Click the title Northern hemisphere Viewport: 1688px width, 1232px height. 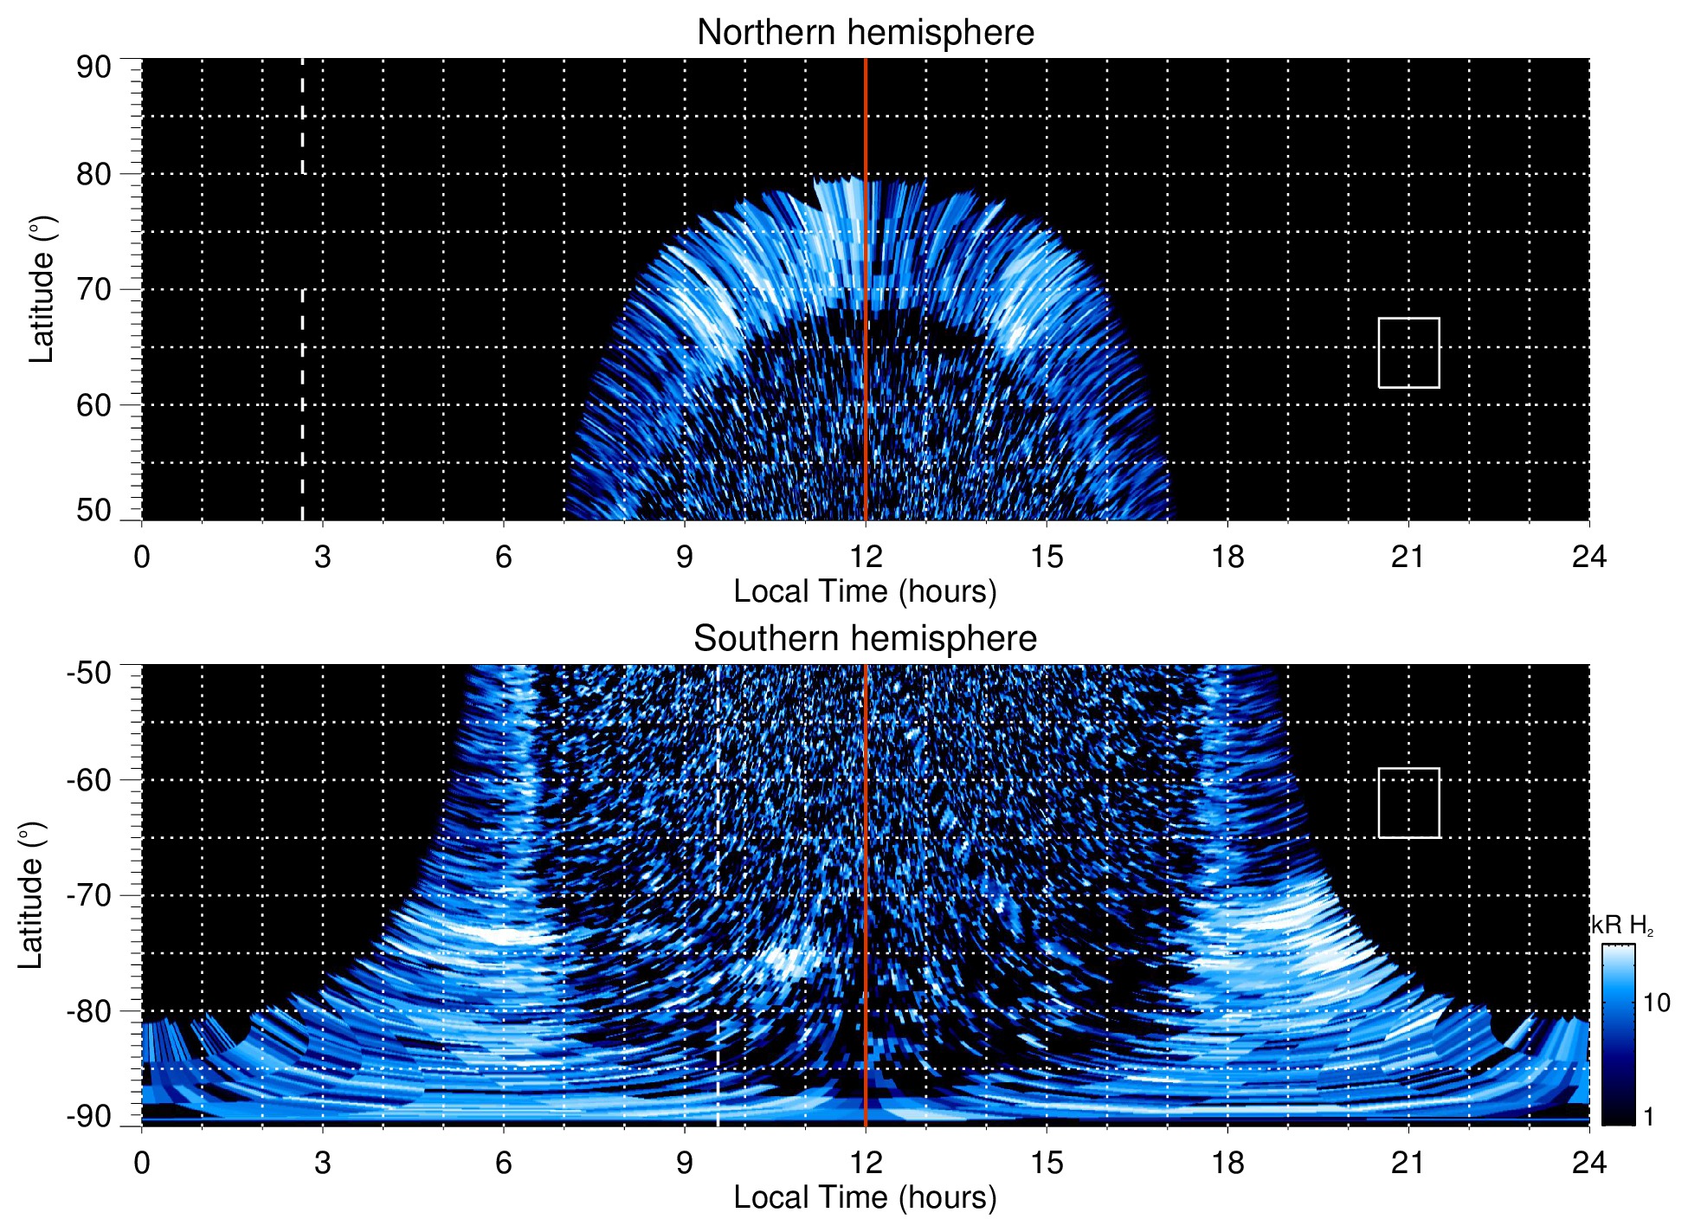(865, 33)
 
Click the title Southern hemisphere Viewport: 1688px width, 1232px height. (865, 639)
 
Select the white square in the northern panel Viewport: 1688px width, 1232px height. (1408, 352)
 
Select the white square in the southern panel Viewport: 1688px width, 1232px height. (1408, 803)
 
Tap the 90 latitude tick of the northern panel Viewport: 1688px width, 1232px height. (93, 68)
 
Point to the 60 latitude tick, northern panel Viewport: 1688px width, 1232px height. (93, 405)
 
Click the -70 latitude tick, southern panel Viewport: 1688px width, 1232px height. (88, 895)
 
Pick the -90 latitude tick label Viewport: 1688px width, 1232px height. (88, 1116)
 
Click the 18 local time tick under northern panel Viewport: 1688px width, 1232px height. (1227, 557)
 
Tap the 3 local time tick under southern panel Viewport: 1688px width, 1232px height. (323, 1163)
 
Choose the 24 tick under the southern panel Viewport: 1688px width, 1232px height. (1588, 1163)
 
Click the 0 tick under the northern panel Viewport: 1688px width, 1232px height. (142, 557)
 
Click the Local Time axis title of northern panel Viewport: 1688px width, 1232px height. (865, 591)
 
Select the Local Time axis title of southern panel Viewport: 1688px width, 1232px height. (865, 1197)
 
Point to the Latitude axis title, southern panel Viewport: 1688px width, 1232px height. (31, 895)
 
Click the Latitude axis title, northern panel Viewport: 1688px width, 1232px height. (42, 289)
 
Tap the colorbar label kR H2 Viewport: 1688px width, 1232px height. (1622, 926)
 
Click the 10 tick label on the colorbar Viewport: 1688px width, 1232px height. (1656, 1003)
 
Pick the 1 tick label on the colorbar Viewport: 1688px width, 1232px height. (1648, 1117)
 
